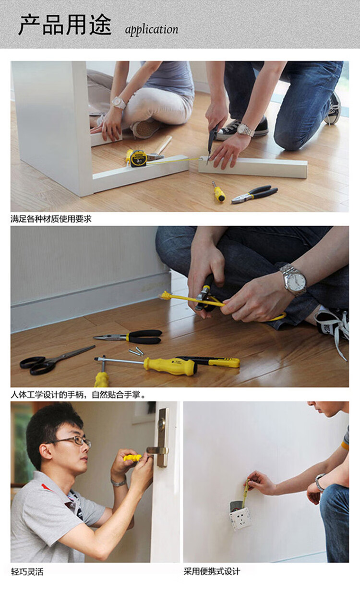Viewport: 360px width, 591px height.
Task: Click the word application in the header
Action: pos(152,30)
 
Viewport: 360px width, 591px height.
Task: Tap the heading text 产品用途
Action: pos(65,25)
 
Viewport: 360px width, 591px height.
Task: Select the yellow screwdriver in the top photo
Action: pos(219,192)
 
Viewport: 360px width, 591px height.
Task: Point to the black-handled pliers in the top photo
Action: pos(255,194)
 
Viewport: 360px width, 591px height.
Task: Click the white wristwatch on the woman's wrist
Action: pos(118,103)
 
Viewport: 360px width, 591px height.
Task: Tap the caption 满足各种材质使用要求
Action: pos(51,219)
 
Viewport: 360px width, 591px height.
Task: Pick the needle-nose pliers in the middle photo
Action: pos(128,337)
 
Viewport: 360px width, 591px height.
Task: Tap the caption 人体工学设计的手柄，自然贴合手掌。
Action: pos(78,395)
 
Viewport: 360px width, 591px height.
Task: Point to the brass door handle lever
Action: pos(157,450)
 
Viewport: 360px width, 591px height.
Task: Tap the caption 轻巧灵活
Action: pos(27,572)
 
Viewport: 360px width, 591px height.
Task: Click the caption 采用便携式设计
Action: pos(212,571)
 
